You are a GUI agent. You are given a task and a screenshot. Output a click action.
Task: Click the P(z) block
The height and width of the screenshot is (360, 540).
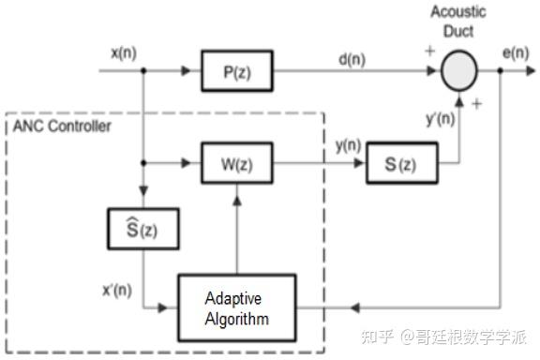[x=237, y=71]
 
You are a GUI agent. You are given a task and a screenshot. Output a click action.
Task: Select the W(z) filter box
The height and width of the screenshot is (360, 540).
[x=237, y=163]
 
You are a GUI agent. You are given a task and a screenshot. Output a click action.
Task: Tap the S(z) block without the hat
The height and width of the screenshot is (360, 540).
[x=402, y=163]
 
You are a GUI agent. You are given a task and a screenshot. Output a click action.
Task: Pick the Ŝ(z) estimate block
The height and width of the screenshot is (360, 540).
[x=143, y=229]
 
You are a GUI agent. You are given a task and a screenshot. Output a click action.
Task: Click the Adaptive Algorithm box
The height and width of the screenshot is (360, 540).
[x=237, y=308]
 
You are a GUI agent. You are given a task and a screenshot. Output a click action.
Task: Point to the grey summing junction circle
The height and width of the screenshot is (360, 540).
[x=459, y=70]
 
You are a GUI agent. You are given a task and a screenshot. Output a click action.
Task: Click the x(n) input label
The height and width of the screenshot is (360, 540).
[x=124, y=53]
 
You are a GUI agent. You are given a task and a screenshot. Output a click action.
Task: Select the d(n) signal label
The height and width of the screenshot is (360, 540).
[x=352, y=60]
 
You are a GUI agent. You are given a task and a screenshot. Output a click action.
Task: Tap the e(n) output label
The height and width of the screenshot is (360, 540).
[x=516, y=53]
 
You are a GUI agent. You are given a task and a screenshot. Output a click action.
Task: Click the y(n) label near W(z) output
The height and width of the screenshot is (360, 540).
[x=348, y=145]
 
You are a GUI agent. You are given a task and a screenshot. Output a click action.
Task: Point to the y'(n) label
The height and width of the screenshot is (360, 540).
[x=441, y=119]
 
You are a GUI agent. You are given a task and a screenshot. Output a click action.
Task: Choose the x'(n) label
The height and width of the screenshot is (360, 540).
[x=117, y=291]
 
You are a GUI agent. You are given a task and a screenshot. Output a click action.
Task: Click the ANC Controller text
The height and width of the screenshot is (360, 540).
[x=62, y=126]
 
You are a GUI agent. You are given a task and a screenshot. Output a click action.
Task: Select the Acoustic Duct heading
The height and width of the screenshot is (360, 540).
[x=458, y=22]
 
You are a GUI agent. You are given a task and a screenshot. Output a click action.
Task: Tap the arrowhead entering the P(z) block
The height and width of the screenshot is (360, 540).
[x=186, y=70]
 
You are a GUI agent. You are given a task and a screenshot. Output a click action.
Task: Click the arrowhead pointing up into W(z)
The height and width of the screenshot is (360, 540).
[x=237, y=201]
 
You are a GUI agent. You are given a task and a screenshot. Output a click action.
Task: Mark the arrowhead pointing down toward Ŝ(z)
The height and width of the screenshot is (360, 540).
[x=143, y=191]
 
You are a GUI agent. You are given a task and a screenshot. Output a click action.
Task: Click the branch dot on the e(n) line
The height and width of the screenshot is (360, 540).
[x=500, y=70]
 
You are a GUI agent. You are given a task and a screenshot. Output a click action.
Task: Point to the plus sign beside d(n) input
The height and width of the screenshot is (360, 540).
[x=429, y=51]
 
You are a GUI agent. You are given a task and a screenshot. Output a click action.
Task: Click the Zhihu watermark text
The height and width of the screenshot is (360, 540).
[x=443, y=337]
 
